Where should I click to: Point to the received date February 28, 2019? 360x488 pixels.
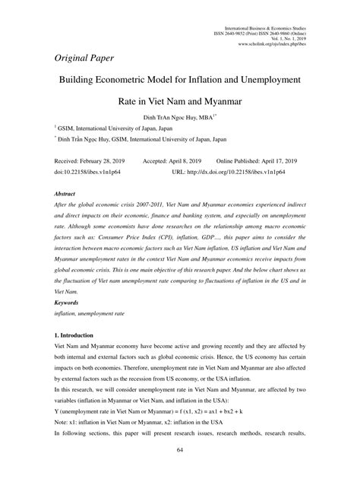coord(89,162)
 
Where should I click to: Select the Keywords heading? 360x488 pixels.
coord(69,302)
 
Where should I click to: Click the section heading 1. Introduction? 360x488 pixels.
coord(79,334)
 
